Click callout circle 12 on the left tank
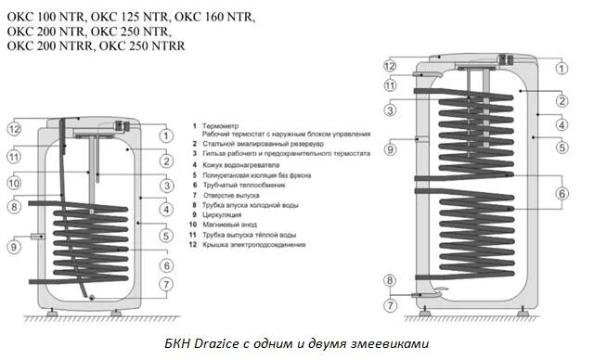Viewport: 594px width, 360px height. [15, 128]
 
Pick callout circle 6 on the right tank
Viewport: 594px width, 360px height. [562, 193]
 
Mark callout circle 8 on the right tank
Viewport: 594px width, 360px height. [391, 279]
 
